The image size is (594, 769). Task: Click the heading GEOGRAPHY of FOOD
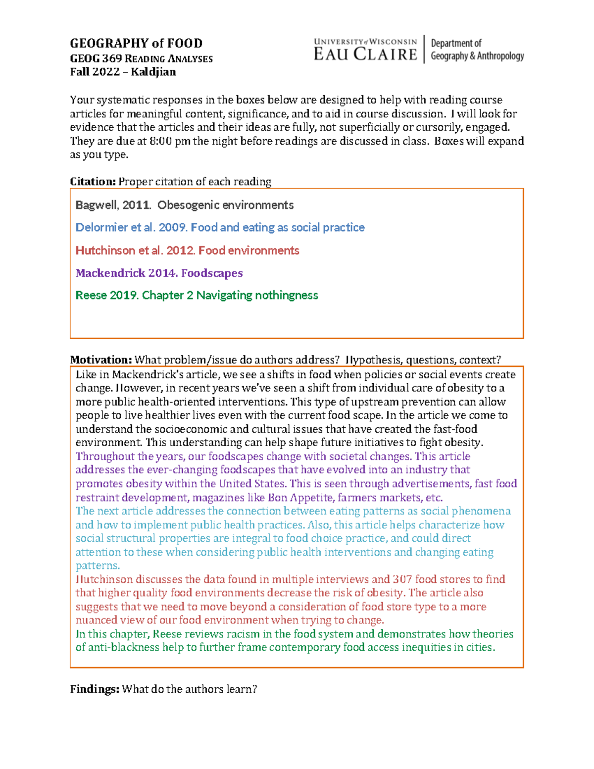136,44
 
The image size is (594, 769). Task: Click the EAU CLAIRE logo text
365,54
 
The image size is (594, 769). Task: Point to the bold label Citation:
93,182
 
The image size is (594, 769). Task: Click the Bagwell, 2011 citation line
184,205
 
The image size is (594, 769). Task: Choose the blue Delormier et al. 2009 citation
220,227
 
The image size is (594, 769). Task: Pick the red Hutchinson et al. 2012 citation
187,251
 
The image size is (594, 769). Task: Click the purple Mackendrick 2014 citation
159,273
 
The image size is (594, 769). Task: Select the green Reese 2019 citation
197,295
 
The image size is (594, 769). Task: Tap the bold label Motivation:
100,360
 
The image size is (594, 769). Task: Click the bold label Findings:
95,689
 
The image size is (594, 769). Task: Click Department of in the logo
456,44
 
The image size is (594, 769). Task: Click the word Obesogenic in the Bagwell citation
188,205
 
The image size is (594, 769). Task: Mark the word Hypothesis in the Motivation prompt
372,360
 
